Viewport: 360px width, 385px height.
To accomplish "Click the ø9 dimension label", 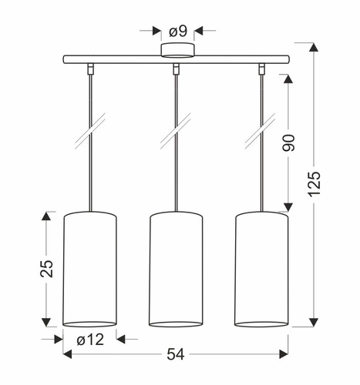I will click(x=178, y=31).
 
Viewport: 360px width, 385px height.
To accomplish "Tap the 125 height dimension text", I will click(x=315, y=184).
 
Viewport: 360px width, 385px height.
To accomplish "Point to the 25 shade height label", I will click(x=47, y=267).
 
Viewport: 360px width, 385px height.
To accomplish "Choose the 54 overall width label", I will click(x=177, y=354).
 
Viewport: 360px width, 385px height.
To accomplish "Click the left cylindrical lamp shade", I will click(x=89, y=267).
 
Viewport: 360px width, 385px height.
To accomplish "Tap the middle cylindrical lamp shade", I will click(x=176, y=267).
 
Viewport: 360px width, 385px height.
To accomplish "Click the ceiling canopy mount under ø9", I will click(x=178, y=52).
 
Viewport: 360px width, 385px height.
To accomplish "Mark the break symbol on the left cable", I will click(x=90, y=133).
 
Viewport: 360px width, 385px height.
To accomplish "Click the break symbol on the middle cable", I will click(x=177, y=133).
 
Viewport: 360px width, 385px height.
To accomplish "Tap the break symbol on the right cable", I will click(x=262, y=133).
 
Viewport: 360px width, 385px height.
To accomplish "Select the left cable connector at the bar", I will click(x=90, y=69).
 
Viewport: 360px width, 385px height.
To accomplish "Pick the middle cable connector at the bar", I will click(x=177, y=69).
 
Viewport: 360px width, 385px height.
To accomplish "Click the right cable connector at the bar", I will click(x=263, y=69).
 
